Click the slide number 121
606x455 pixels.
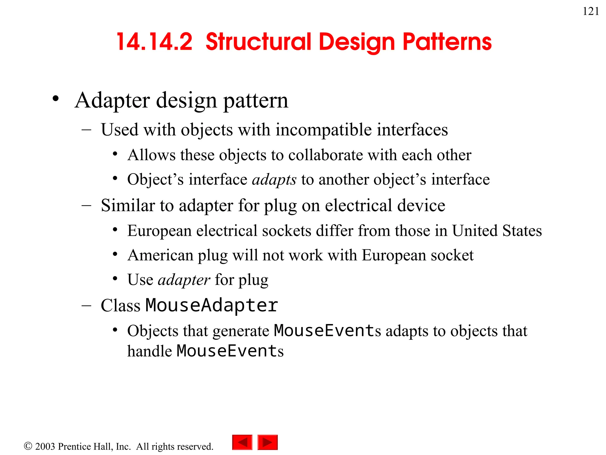[x=590, y=12]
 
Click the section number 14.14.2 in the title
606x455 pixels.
[x=154, y=42]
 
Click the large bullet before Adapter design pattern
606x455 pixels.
[x=56, y=99]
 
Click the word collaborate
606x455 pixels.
[x=325, y=155]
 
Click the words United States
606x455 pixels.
[x=497, y=231]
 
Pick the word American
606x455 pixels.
[x=160, y=255]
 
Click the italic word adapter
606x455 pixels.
[x=184, y=280]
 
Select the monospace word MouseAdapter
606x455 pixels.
[x=212, y=305]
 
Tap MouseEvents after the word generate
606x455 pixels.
[x=327, y=331]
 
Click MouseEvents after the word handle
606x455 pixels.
[x=230, y=351]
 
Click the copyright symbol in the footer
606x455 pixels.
[x=28, y=446]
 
